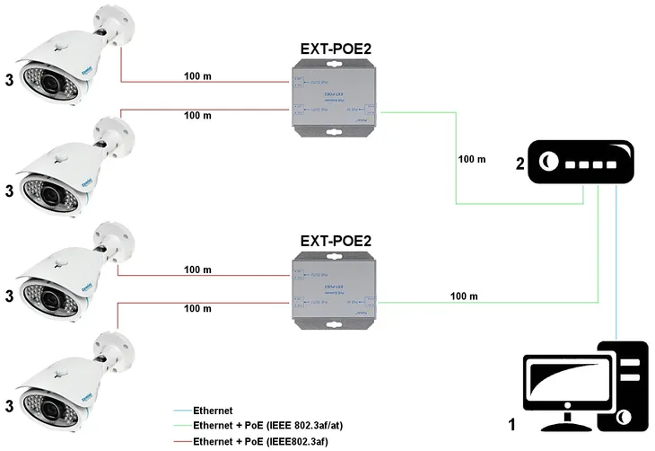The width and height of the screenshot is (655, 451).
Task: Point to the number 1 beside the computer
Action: pyautogui.click(x=511, y=421)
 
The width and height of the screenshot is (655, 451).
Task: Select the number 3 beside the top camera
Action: pyautogui.click(x=10, y=79)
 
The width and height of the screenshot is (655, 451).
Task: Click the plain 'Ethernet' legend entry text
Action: pyautogui.click(x=213, y=410)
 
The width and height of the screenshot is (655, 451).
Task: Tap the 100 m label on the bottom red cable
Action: pyautogui.click(x=197, y=308)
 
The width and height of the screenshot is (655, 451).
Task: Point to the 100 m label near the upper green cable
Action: pyautogui.click(x=471, y=159)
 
